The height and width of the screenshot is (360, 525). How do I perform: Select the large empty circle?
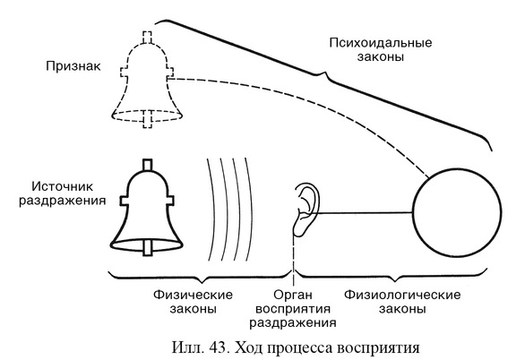[x=414, y=213]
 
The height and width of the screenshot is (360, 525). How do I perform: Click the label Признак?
[x=73, y=66]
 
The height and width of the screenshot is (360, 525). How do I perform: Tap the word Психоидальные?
[x=381, y=43]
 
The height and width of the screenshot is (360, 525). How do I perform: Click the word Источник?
[x=63, y=186]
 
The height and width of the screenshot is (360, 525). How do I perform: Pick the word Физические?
[x=193, y=295]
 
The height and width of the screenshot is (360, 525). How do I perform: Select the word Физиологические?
[x=402, y=295]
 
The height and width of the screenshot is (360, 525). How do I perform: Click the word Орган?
[x=293, y=296]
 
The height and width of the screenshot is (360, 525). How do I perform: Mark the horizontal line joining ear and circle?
[x=366, y=213]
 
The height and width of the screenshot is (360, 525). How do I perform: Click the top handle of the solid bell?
[x=147, y=166]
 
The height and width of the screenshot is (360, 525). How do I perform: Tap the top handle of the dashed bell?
[x=147, y=38]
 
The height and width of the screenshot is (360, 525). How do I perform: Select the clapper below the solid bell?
[x=148, y=248]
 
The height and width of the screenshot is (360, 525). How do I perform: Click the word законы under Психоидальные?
[x=381, y=56]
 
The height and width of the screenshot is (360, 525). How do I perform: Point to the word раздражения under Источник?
[x=63, y=201]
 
